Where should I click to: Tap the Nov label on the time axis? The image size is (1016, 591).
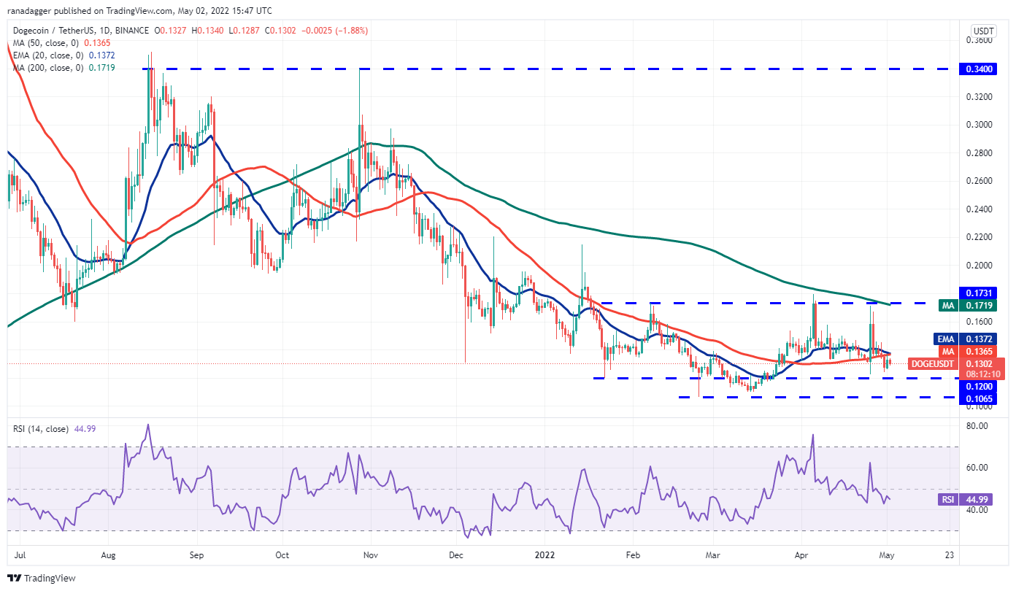coord(370,555)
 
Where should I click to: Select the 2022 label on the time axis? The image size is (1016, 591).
coord(544,555)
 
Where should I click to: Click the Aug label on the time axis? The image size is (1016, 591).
coord(107,555)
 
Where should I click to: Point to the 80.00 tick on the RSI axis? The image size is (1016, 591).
coord(978,425)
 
